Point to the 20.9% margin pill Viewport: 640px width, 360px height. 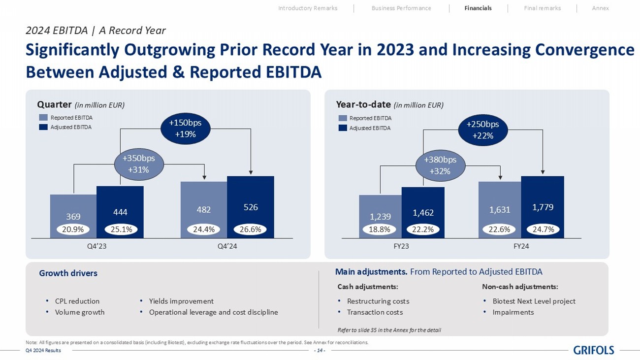[x=73, y=229]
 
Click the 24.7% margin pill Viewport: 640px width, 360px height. [x=543, y=229]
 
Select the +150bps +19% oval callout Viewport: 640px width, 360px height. [x=186, y=129]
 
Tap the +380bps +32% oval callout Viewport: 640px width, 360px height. [x=440, y=165]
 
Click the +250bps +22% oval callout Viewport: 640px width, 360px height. [x=483, y=130]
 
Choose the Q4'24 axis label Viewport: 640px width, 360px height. [x=227, y=246]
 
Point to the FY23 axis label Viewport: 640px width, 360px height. [x=401, y=246]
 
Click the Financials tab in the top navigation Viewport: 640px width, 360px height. [x=478, y=8]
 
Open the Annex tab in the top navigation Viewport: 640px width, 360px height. [x=600, y=8]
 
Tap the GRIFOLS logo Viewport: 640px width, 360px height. [x=594, y=350]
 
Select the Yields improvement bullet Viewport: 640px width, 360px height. [x=181, y=301]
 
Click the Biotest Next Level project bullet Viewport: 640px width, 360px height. [x=534, y=301]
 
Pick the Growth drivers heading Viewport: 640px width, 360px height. [x=68, y=273]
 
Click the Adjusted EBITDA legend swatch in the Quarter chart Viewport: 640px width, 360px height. [x=43, y=127]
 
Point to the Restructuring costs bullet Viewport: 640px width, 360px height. [x=378, y=301]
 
